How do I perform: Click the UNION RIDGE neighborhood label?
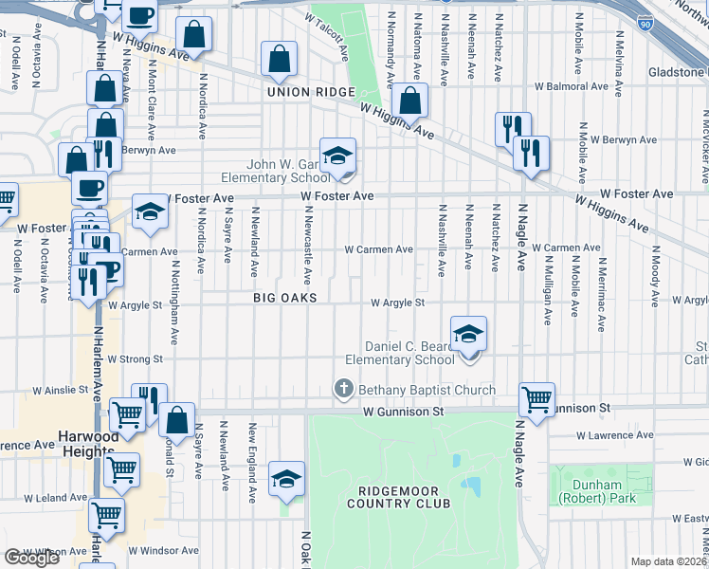311,92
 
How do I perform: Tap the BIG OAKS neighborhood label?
284,298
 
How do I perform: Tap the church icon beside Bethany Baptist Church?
344,390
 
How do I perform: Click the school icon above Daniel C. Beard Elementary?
468,335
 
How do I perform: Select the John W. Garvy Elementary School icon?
337,156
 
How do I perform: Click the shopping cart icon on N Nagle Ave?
536,398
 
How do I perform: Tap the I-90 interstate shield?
645,21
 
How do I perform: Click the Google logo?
31,558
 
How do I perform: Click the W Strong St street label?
136,359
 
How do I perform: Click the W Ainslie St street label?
61,390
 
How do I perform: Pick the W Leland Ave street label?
55,497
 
